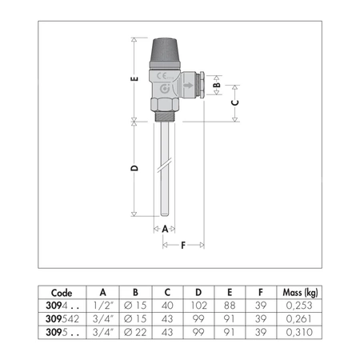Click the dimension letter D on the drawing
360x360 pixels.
135,168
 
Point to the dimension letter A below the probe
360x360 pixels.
165,228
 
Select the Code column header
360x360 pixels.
62,292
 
